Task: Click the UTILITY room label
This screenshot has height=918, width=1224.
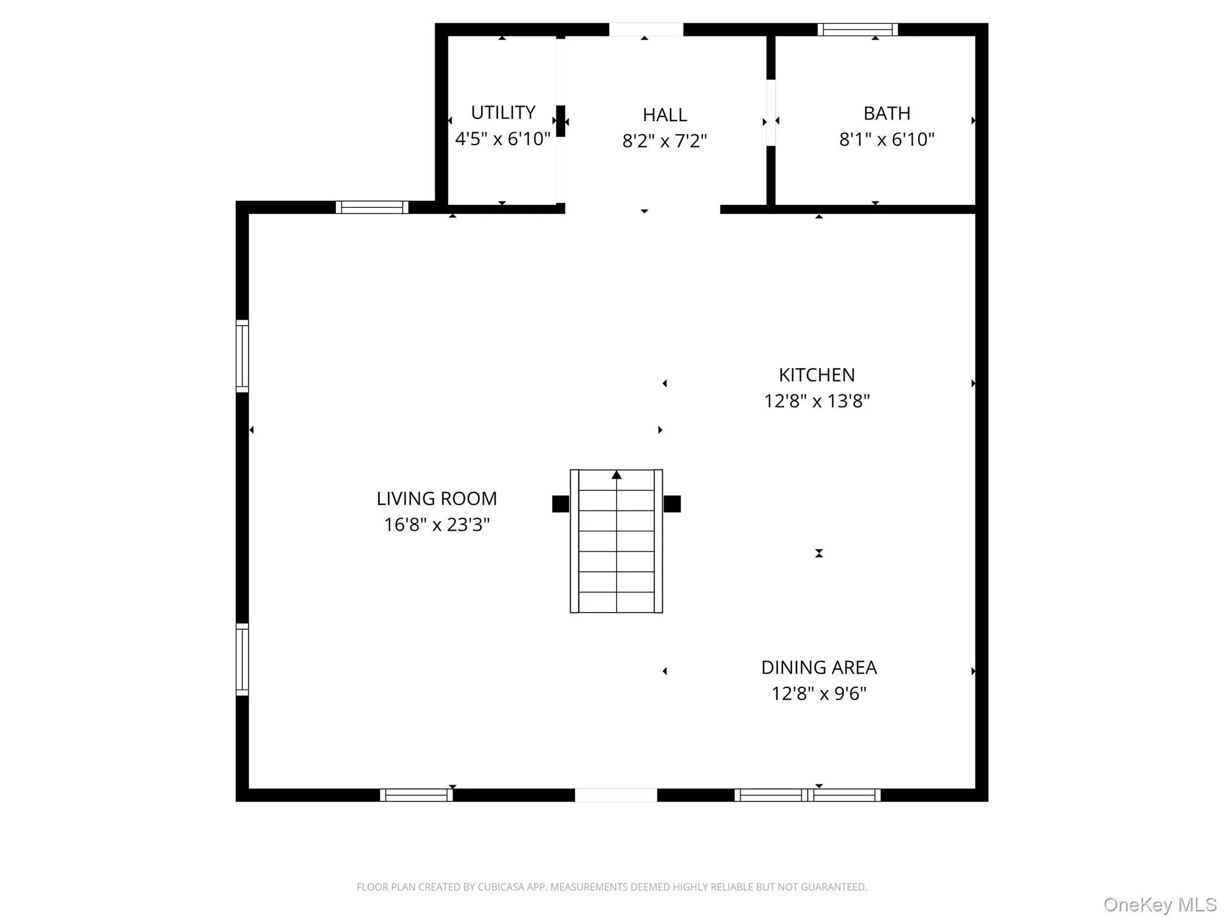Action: (x=503, y=112)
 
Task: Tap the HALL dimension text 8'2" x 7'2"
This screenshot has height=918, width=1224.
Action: (x=664, y=141)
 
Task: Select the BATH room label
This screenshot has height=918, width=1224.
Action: (x=886, y=113)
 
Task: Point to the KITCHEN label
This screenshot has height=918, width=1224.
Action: (x=816, y=375)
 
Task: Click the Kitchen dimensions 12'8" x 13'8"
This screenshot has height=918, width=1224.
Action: (x=816, y=401)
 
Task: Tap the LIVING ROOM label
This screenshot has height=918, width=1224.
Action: (x=436, y=498)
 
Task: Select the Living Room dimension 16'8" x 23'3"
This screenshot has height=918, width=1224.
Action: (x=436, y=525)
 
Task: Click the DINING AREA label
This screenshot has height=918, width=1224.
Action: (x=818, y=668)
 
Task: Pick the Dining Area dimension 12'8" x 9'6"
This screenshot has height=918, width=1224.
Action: (x=818, y=694)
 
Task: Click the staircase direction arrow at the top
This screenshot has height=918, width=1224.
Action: (x=616, y=475)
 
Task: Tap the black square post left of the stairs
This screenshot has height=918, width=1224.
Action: (x=560, y=504)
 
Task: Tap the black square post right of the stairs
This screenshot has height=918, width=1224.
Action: (x=672, y=504)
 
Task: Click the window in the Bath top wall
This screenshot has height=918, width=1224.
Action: (x=857, y=29)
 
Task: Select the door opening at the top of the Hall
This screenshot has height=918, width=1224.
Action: (x=645, y=29)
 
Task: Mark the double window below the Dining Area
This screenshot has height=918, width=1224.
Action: (x=807, y=795)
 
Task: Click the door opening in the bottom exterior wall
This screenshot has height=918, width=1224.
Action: (x=616, y=795)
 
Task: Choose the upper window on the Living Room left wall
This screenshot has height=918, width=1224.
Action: (x=242, y=356)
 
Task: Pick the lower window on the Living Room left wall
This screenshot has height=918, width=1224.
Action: (x=242, y=659)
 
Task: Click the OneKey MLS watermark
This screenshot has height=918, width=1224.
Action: (x=1159, y=905)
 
